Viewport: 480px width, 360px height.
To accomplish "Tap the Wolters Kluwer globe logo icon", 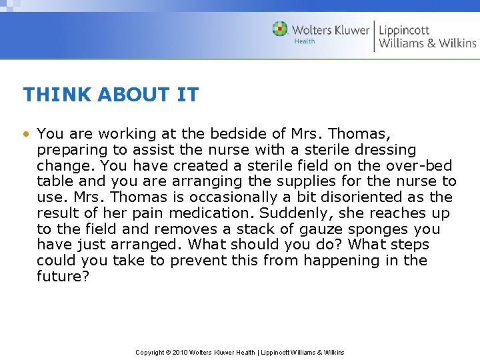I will tap(280, 29).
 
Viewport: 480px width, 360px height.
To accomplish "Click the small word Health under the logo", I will tap(304, 41).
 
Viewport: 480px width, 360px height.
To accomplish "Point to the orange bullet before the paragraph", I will tap(26, 133).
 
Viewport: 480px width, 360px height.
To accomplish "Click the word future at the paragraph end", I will tap(59, 277).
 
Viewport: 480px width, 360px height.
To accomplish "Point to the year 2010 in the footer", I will tap(180, 352).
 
